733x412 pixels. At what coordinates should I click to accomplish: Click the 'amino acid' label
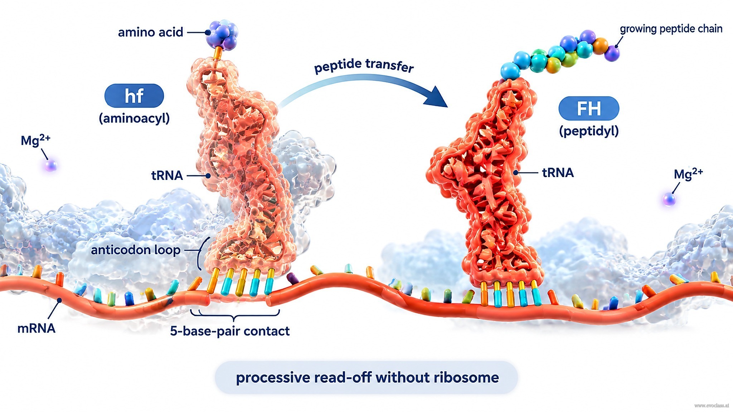150,33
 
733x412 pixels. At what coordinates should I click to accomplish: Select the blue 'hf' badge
134,95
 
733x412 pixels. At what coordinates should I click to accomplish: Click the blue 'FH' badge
589,108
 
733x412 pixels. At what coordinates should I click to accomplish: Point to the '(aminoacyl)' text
134,118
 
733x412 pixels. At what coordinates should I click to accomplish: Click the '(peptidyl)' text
589,131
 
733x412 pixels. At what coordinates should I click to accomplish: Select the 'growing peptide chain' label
671,29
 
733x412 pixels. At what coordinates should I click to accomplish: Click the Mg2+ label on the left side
35,140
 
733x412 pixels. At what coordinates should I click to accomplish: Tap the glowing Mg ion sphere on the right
669,199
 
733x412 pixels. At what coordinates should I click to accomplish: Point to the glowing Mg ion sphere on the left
50,166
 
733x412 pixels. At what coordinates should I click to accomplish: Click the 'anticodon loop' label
136,250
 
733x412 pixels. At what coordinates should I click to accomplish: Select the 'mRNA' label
37,328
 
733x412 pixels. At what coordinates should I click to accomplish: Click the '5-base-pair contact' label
230,331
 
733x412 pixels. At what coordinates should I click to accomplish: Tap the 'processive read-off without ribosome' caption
367,378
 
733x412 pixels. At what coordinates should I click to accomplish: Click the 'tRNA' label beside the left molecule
167,176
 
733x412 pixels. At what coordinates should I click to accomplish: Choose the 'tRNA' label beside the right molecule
558,173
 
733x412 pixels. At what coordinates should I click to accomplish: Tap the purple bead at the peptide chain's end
612,53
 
